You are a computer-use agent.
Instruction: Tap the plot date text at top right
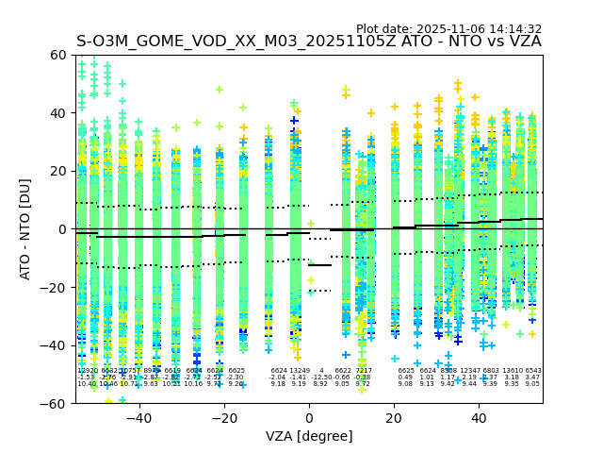point(448,29)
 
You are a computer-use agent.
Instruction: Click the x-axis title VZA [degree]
point(309,436)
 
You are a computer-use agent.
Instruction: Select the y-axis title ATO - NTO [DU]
point(25,229)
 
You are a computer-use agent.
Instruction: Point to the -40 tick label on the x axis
point(139,418)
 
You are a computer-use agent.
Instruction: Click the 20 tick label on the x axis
point(394,418)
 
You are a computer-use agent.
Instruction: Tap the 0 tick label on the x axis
point(309,418)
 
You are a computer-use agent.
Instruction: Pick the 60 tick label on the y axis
point(57,55)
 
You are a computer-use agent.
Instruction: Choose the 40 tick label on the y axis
point(57,113)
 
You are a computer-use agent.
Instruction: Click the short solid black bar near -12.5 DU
point(320,265)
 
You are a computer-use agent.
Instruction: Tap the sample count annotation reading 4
point(321,371)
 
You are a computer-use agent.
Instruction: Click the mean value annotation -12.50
point(321,377)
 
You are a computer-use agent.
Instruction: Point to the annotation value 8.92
point(321,384)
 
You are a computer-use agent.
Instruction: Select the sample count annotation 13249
point(300,371)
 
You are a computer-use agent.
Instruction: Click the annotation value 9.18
point(278,384)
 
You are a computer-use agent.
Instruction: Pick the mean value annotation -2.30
point(236,377)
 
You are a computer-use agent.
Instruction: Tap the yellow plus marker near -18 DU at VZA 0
point(311,280)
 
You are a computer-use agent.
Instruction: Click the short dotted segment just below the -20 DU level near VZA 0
point(320,291)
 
